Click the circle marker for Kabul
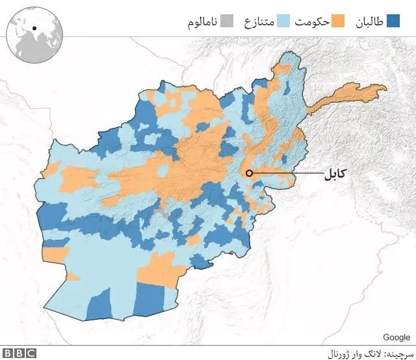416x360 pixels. tap(249, 173)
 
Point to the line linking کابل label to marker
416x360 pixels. tap(286, 173)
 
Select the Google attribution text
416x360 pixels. tap(396, 337)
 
